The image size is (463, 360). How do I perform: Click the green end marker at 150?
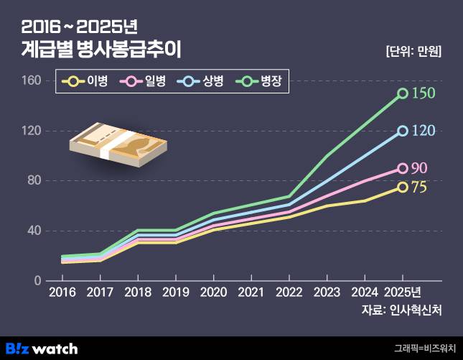[403, 93]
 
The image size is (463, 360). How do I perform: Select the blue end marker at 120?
[403, 131]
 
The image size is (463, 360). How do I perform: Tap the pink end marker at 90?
[403, 168]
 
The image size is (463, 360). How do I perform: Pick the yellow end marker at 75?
[403, 187]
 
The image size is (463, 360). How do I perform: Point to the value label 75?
[419, 188]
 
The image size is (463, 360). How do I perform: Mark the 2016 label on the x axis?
[62, 292]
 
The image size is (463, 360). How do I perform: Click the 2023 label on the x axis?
[327, 292]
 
